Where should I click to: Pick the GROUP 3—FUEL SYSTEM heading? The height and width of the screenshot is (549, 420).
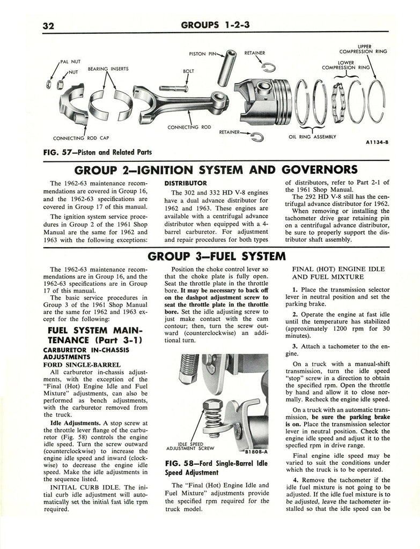(x=215, y=256)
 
